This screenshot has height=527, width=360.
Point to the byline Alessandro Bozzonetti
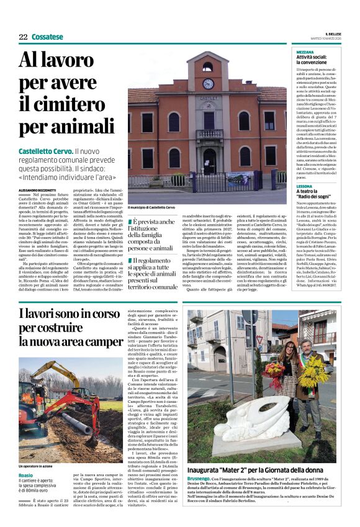click(37, 190)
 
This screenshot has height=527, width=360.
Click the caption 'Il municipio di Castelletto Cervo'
click(151, 207)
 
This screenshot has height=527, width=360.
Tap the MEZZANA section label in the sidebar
click(305, 52)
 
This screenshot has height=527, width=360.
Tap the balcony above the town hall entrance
click(209, 133)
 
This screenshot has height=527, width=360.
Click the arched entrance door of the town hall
click(209, 161)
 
